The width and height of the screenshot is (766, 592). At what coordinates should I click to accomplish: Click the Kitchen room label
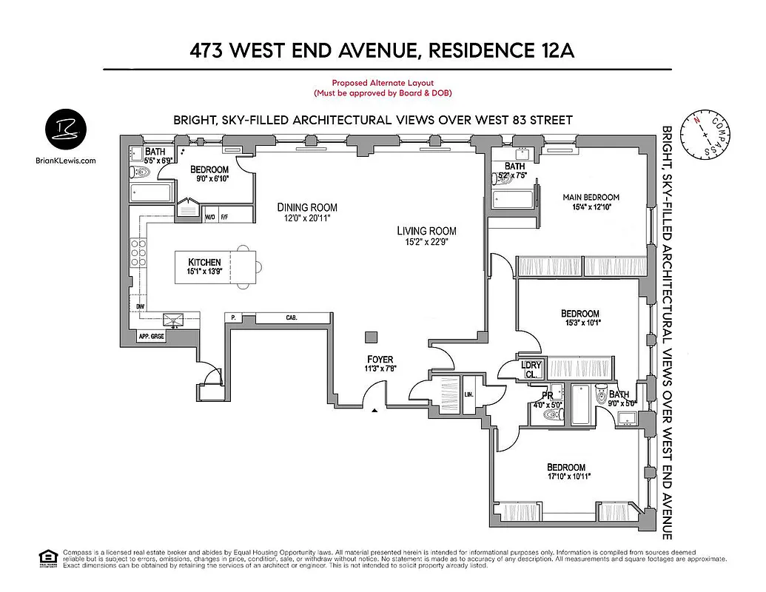click(x=204, y=263)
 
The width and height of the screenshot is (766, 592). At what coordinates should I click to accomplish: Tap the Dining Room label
click(x=307, y=208)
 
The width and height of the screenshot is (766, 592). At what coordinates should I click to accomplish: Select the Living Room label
click(x=426, y=231)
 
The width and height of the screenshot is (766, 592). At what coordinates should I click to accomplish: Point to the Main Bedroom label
click(x=591, y=197)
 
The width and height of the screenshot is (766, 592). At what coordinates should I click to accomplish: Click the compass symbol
click(x=705, y=136)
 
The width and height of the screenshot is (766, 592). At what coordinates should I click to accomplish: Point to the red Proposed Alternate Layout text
click(x=383, y=83)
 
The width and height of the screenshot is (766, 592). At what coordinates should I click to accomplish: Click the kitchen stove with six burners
click(x=138, y=252)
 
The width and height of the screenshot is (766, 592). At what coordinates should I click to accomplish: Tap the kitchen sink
click(x=175, y=320)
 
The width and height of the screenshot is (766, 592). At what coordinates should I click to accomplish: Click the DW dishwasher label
click(x=140, y=306)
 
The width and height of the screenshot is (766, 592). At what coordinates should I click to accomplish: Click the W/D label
click(x=210, y=217)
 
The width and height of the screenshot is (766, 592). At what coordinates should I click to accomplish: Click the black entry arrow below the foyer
click(x=375, y=409)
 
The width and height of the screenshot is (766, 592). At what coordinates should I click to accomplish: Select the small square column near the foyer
click(x=370, y=337)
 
